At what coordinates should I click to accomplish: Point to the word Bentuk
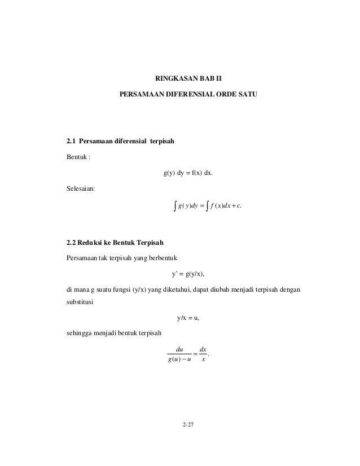click(x=76, y=157)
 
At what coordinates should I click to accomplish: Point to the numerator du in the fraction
click(x=180, y=349)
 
